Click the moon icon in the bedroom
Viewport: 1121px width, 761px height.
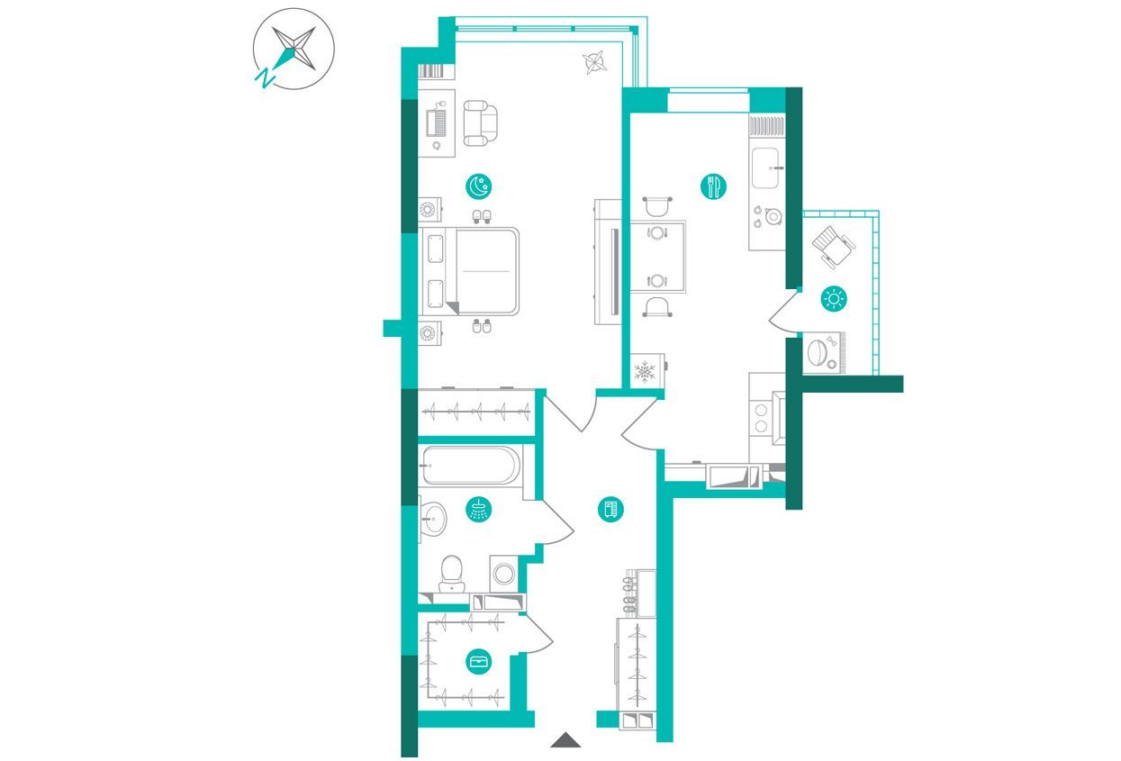(478, 186)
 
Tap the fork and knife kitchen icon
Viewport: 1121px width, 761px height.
(713, 186)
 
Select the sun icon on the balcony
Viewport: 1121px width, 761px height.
(834, 299)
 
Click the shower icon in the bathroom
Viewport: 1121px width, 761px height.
(479, 509)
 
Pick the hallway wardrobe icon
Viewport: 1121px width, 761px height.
(611, 510)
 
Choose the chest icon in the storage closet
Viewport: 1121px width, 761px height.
(479, 662)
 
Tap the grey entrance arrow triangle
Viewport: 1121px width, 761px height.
(565, 740)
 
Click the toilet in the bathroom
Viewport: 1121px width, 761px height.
(452, 574)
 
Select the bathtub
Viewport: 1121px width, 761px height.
(470, 466)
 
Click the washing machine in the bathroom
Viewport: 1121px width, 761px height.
(503, 574)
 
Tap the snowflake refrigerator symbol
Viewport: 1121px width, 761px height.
(645, 372)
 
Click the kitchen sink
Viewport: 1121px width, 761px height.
(765, 168)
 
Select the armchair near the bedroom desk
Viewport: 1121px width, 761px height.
(481, 123)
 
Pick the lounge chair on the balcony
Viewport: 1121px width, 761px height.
(834, 247)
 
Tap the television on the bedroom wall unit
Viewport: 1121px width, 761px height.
(615, 272)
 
